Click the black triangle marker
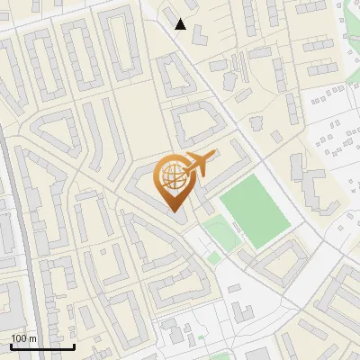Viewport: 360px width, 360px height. tap(181, 24)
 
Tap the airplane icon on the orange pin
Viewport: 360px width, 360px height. tap(199, 164)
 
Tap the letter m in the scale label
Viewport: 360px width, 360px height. tap(32, 338)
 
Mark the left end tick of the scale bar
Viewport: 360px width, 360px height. tap(11, 346)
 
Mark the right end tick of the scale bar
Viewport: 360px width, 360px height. tap(74, 346)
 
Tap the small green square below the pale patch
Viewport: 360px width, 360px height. tap(214, 259)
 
